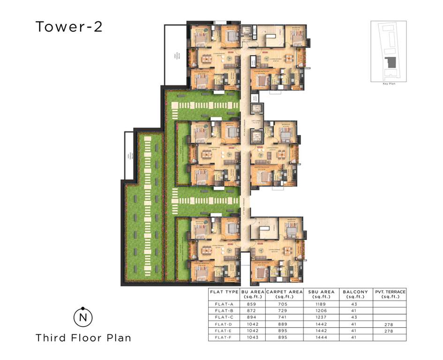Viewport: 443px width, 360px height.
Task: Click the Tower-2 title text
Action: pyautogui.click(x=69, y=27)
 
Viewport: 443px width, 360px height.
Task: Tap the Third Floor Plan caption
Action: pyautogui.click(x=83, y=337)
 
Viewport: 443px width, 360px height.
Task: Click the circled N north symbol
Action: pyautogui.click(x=83, y=317)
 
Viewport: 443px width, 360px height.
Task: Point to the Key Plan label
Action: pyautogui.click(x=389, y=83)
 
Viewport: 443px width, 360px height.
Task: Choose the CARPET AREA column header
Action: pyautogui.click(x=285, y=294)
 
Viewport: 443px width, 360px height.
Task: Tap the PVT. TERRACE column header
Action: pyautogui.click(x=390, y=294)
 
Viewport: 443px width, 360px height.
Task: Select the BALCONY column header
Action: pyautogui.click(x=355, y=294)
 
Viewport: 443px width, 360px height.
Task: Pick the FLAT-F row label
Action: pyautogui.click(x=224, y=337)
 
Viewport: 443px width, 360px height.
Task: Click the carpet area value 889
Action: pyautogui.click(x=284, y=324)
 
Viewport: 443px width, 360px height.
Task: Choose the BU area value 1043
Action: pyautogui.click(x=251, y=337)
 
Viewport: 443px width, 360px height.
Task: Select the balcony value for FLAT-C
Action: pyautogui.click(x=355, y=317)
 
